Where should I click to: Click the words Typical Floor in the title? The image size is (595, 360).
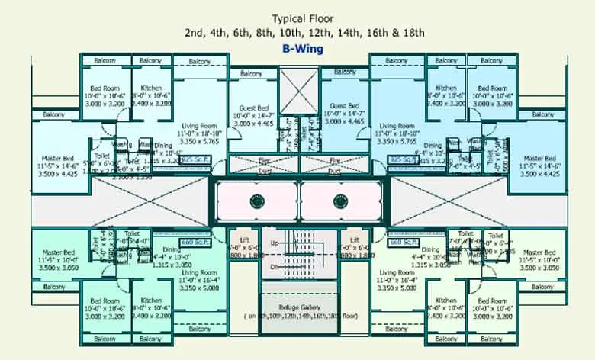click(x=303, y=18)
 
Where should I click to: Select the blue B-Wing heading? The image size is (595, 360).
click(x=303, y=49)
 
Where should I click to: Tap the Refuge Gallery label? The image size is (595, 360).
click(x=298, y=306)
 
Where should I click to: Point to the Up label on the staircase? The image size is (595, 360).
click(x=275, y=243)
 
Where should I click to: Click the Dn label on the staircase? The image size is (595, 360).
click(x=275, y=267)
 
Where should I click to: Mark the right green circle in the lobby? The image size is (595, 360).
click(x=339, y=201)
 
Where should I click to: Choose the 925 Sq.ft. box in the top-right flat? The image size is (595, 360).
click(x=401, y=159)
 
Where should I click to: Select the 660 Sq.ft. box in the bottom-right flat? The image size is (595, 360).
click(x=401, y=242)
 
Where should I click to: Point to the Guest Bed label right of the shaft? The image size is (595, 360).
click(x=343, y=106)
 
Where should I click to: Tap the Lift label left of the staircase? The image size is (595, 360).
click(x=245, y=240)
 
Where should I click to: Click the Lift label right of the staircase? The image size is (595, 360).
click(x=353, y=240)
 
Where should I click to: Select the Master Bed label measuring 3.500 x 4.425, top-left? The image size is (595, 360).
click(x=58, y=159)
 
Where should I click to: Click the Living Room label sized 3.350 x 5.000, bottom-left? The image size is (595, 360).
click(x=199, y=272)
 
